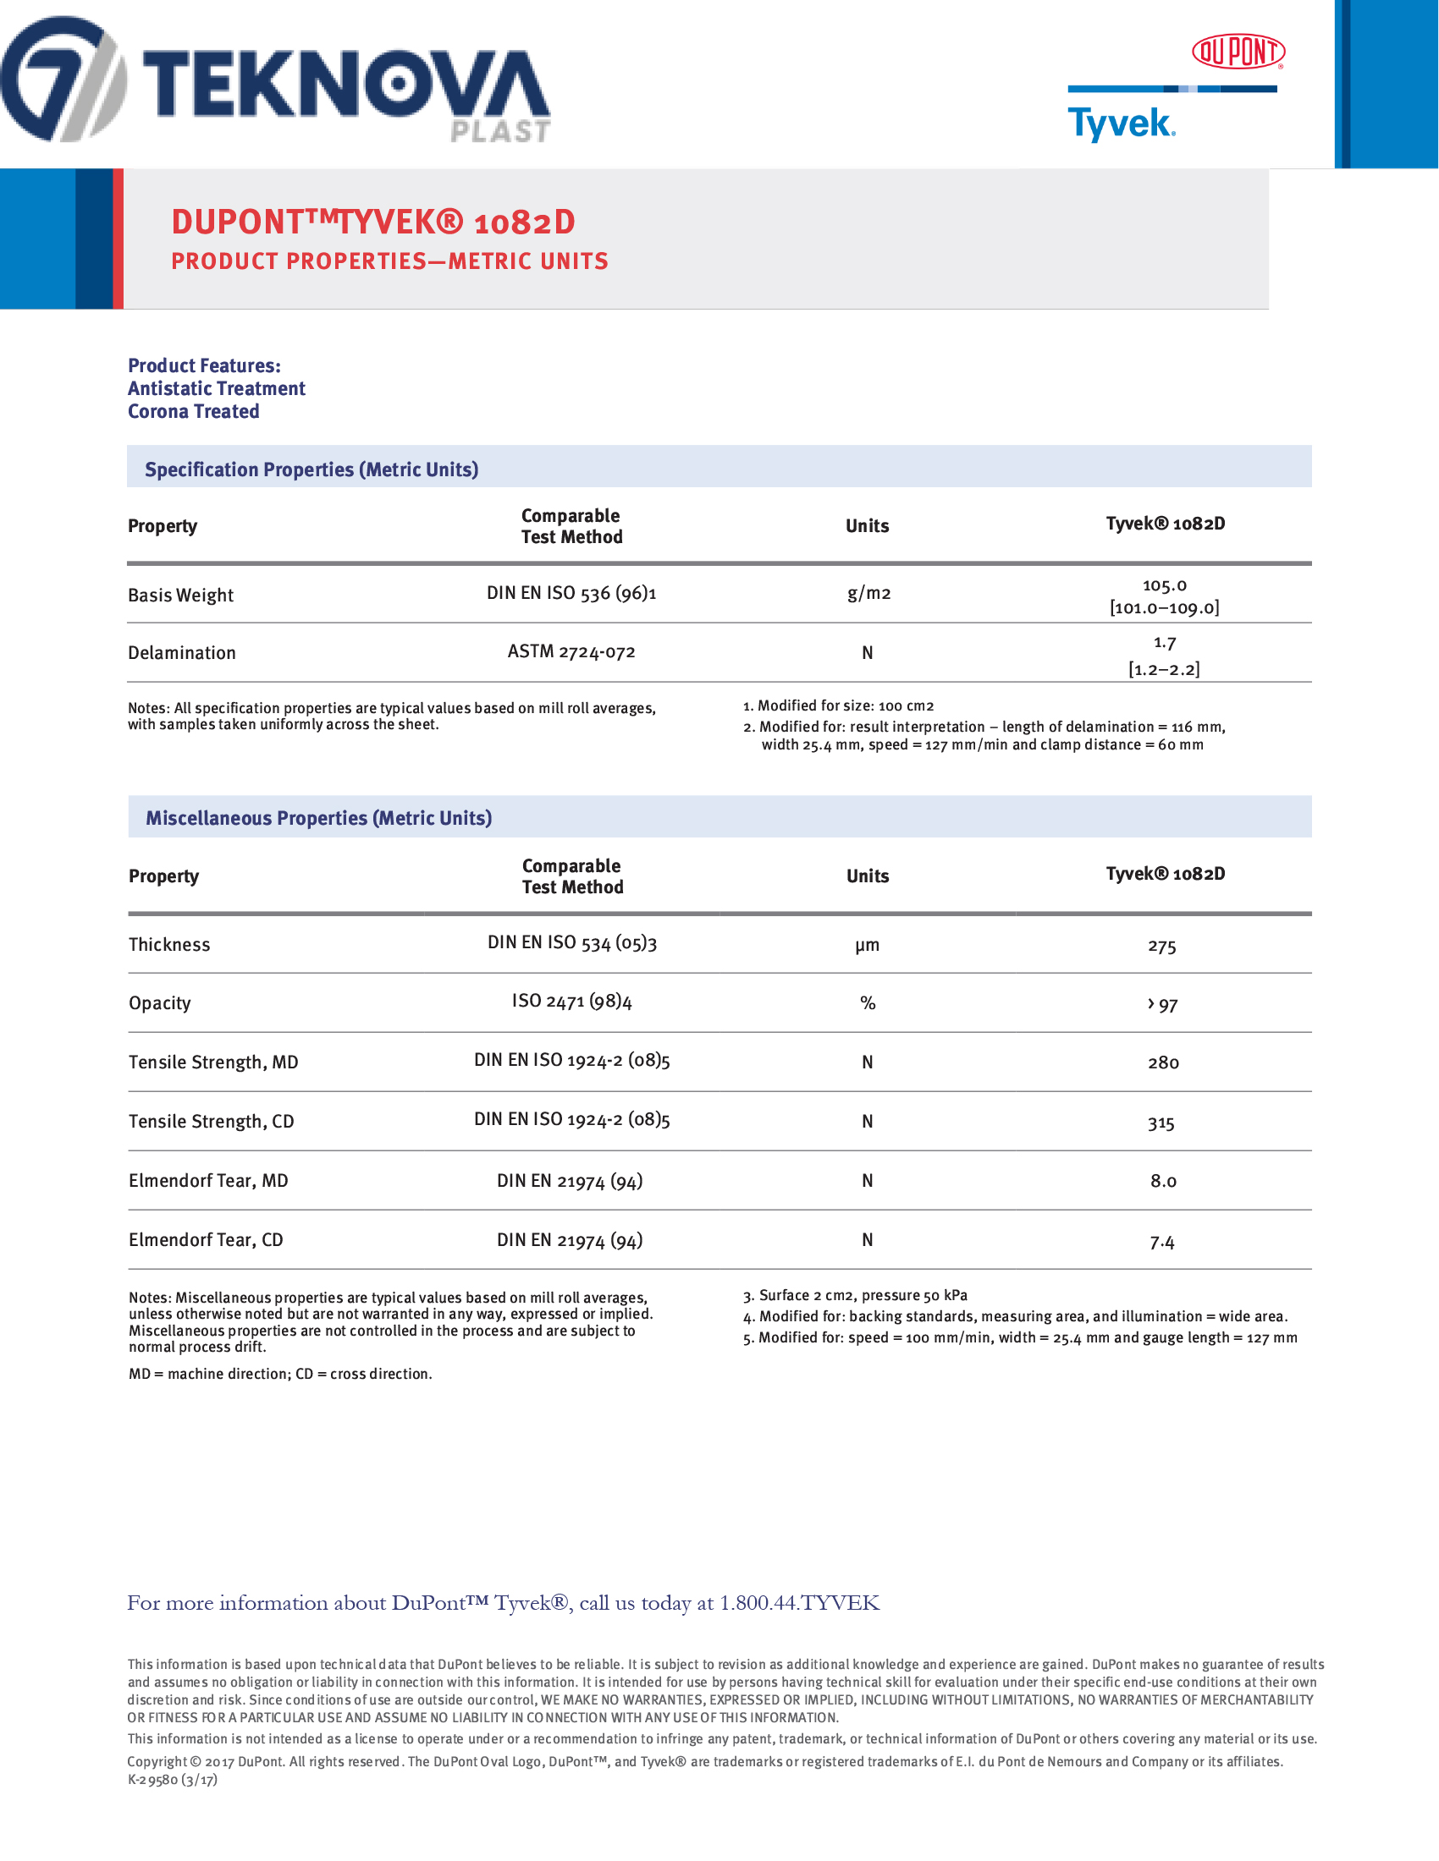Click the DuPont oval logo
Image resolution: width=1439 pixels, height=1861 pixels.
[1238, 52]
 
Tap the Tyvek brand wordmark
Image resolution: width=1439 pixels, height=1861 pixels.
[1121, 124]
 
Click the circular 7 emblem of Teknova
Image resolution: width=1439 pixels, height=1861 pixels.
[62, 80]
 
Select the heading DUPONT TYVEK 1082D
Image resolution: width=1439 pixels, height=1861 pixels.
[373, 222]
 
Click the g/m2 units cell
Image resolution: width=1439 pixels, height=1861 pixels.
[868, 593]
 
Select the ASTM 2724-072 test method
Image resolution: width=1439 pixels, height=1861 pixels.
[571, 652]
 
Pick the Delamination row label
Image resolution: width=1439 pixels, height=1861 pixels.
[182, 653]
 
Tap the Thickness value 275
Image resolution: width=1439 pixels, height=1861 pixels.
[1162, 947]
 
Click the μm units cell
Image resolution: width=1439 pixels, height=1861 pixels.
[867, 945]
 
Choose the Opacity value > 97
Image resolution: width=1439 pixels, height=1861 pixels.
[1163, 1005]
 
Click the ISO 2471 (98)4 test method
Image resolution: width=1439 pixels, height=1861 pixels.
[572, 1002]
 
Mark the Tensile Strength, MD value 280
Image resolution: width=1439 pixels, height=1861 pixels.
[1163, 1062]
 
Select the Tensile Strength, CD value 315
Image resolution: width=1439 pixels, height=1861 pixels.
[1161, 1123]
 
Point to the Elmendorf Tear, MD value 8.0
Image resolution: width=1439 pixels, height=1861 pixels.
[1163, 1181]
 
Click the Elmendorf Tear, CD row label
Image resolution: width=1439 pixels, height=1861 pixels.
[206, 1240]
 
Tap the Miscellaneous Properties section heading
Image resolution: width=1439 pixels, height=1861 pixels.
[319, 818]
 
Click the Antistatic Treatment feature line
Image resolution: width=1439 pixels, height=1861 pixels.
[217, 388]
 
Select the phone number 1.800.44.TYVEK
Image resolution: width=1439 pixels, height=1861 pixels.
[799, 1603]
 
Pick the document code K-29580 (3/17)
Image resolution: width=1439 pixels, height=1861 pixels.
[172, 1779]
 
